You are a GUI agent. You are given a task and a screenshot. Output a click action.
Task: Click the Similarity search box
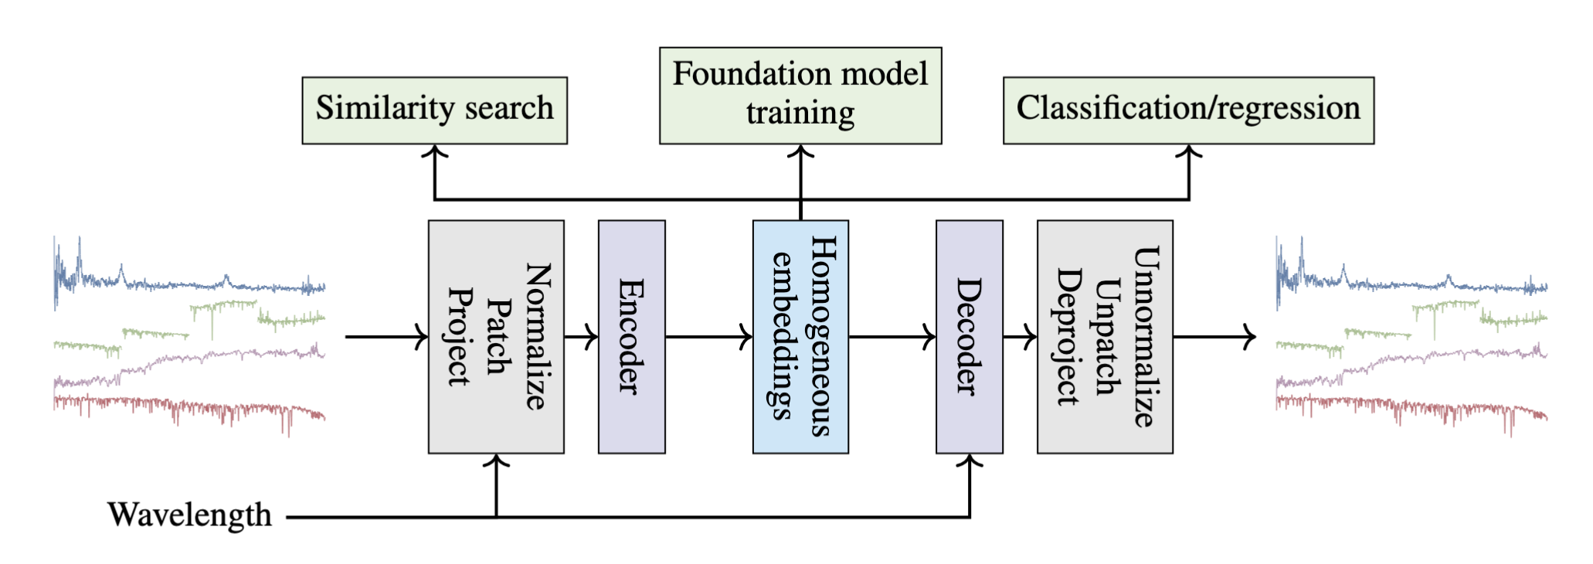[434, 110]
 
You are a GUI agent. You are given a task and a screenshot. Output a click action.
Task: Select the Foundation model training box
[800, 95]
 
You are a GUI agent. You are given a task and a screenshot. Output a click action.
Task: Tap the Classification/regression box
[1188, 110]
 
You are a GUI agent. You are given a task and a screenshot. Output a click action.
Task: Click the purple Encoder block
[631, 337]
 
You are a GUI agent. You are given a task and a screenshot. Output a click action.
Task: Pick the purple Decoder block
[969, 337]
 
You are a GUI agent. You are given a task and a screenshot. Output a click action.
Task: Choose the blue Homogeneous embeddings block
[800, 337]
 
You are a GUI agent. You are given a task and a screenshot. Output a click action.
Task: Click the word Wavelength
[190, 515]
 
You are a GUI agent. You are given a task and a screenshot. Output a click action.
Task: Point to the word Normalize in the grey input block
[538, 337]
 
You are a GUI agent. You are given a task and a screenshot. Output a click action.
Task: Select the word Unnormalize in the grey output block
[1146, 337]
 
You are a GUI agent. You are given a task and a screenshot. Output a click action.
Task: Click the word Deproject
[1068, 337]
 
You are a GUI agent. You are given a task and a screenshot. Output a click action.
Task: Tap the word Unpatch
[1107, 337]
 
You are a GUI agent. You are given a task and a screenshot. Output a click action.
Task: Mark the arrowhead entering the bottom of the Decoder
[970, 461]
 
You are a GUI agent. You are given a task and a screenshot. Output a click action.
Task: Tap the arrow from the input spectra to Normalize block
[386, 337]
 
